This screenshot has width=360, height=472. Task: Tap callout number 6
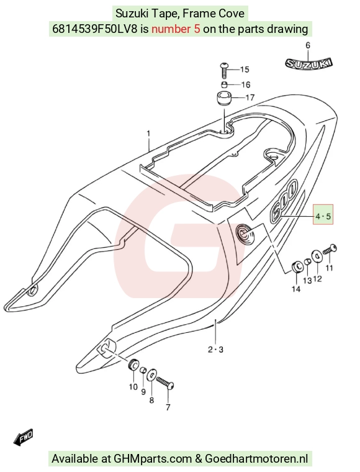308,45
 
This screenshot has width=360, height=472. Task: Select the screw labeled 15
224,70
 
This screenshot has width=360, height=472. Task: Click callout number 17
250,98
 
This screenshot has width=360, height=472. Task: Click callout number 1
148,133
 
